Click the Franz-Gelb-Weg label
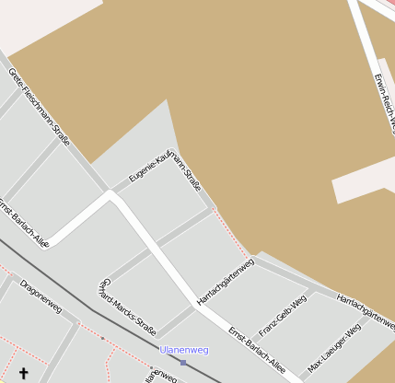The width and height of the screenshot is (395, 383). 282,317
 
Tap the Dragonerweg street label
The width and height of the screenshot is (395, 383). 41,296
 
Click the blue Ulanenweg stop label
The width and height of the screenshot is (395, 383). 184,350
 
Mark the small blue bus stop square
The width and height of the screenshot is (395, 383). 183,362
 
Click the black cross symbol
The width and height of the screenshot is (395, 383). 23,373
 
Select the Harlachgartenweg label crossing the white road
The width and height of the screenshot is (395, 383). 225,283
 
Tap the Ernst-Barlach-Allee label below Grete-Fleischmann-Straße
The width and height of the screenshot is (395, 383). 23,222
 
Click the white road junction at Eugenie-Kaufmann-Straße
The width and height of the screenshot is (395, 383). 111,194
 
